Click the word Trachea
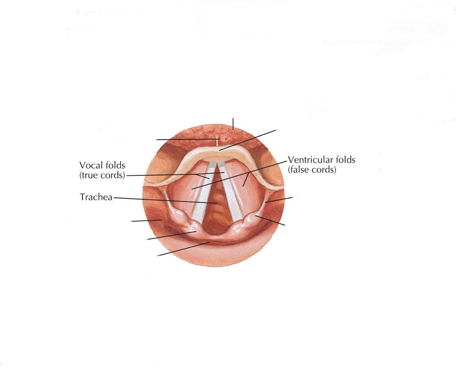point(96,197)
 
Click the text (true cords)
point(102,175)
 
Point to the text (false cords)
point(312,170)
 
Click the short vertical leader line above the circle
point(233,123)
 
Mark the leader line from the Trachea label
point(166,201)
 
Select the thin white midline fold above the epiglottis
point(218,142)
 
